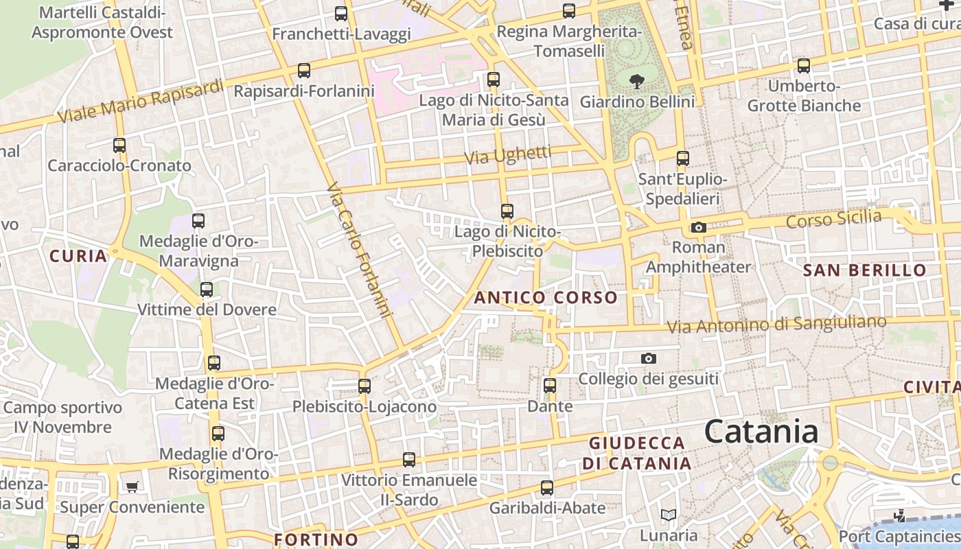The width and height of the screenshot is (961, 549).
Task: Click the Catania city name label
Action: point(761,432)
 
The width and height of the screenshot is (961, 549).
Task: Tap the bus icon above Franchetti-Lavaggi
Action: point(341,13)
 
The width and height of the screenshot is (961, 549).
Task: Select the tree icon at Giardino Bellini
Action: point(637,81)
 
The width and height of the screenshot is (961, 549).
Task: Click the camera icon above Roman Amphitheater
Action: point(698,227)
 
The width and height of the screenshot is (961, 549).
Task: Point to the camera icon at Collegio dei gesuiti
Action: point(648,358)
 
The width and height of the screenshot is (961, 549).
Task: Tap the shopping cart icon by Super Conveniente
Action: point(132,487)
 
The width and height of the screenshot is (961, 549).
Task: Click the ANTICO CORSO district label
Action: point(546,298)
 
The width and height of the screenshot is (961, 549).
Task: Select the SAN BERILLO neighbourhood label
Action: point(865,270)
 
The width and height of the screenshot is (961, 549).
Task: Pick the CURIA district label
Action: point(78,257)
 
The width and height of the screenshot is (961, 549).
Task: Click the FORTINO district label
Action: point(316,539)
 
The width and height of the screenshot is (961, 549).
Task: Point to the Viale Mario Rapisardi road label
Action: point(141,102)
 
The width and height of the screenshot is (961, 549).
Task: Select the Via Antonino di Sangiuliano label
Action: point(777,325)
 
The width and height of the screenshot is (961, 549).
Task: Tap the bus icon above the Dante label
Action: point(550,385)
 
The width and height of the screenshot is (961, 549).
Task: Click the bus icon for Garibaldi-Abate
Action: point(546,487)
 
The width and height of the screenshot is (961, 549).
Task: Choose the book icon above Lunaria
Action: point(668,515)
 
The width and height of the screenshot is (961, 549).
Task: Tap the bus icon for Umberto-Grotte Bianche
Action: point(804,66)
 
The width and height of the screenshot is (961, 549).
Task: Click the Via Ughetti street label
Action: point(508,155)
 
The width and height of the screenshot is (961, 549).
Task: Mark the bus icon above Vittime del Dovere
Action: point(207,289)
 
